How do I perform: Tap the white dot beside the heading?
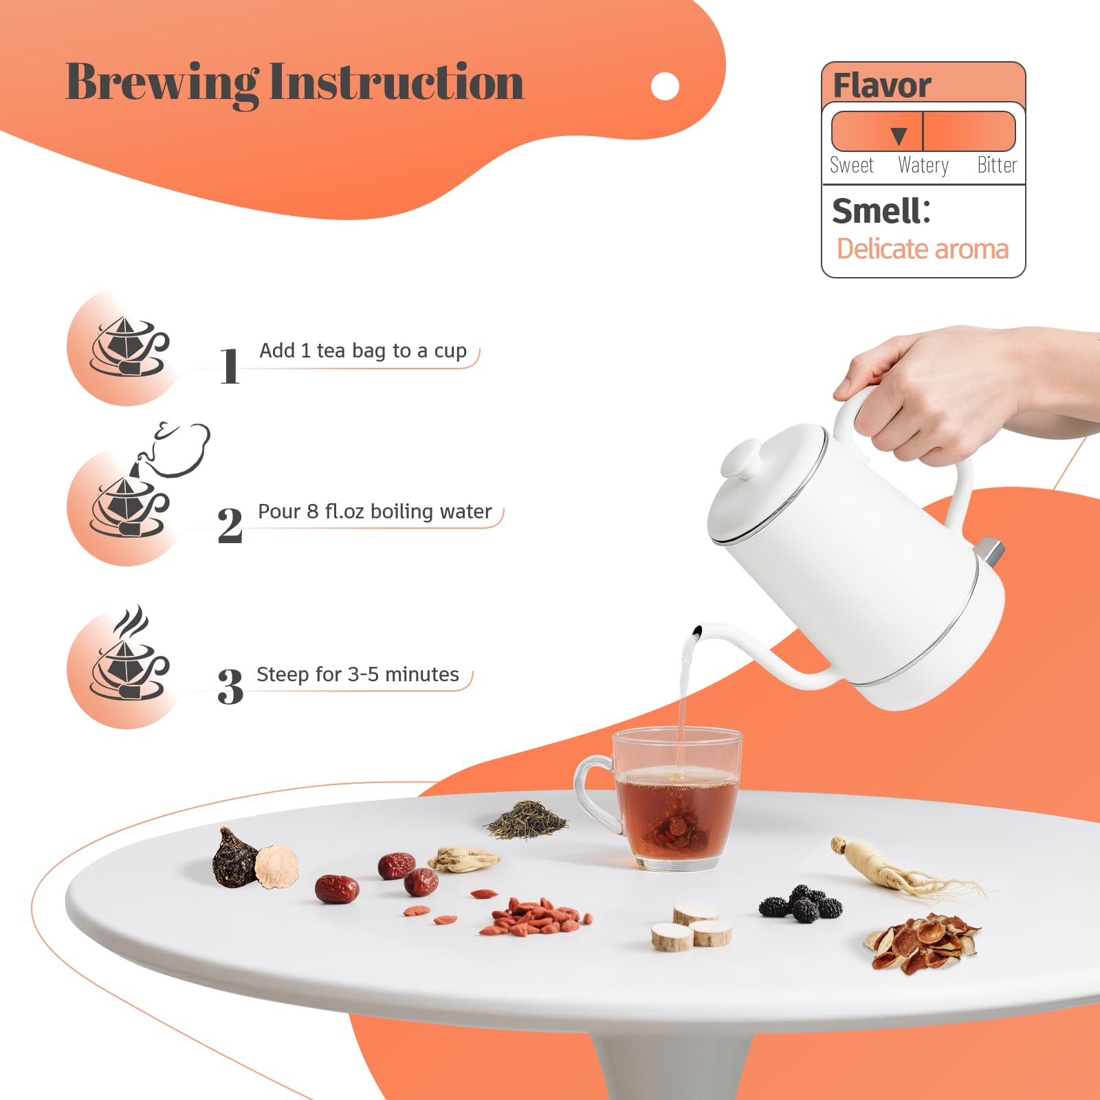(x=665, y=86)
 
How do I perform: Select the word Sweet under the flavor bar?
(x=852, y=166)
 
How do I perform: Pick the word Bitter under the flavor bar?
(x=997, y=165)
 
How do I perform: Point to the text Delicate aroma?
(x=923, y=249)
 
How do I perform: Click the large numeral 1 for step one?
(x=230, y=366)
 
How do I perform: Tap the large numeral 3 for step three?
(x=230, y=687)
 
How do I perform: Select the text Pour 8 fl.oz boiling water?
(x=375, y=511)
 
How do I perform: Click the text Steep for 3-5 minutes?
(x=357, y=674)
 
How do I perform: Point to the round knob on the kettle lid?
(x=741, y=459)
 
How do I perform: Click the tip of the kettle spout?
(x=697, y=630)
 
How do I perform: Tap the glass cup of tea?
(x=663, y=798)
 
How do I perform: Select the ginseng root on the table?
(x=901, y=870)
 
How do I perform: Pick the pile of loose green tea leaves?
(x=527, y=819)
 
